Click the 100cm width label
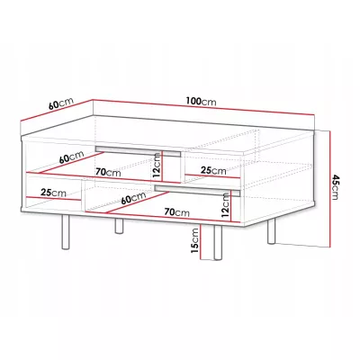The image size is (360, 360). [x=201, y=102]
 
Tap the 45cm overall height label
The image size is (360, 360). [x=335, y=187]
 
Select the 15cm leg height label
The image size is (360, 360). [x=195, y=240]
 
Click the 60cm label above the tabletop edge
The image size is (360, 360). [x=61, y=103]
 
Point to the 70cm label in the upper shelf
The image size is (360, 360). [x=108, y=172]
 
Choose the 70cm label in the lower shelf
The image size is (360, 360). [x=177, y=212]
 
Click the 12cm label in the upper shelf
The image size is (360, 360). [x=157, y=166]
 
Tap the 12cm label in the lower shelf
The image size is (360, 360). [x=225, y=205]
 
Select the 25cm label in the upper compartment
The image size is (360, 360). [x=213, y=170]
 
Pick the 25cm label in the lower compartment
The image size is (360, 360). [x=54, y=193]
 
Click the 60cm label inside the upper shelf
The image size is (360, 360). [x=71, y=157]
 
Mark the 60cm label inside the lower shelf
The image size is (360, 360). [x=133, y=198]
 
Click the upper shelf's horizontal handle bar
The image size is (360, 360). [x=138, y=151]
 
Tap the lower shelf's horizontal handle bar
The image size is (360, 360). [x=198, y=191]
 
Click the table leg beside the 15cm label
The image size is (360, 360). [x=218, y=242]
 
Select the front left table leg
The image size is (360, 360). [x=66, y=231]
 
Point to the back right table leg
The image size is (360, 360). [x=272, y=231]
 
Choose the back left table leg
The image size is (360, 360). [x=119, y=226]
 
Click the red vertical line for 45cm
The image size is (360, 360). [x=329, y=189]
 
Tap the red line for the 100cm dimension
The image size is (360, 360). [x=203, y=107]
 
